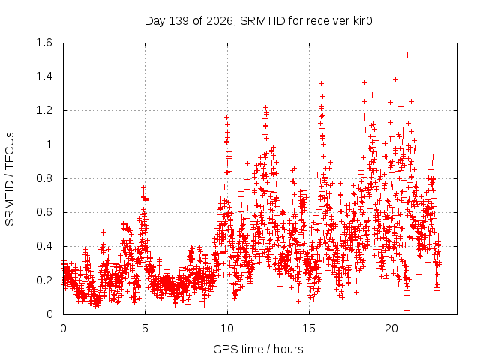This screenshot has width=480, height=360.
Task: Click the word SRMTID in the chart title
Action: click(x=262, y=21)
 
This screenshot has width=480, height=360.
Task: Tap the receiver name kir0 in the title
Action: click(x=363, y=21)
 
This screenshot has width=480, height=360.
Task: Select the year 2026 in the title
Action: click(x=220, y=22)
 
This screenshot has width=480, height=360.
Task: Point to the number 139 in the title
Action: click(x=178, y=21)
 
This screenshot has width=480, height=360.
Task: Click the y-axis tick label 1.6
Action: click(x=44, y=43)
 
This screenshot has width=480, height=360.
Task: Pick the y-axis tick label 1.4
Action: click(x=44, y=76)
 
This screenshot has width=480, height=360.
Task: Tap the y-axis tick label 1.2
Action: click(x=44, y=110)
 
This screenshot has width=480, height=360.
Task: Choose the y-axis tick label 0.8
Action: click(x=44, y=178)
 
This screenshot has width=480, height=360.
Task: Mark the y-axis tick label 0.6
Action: click(x=44, y=212)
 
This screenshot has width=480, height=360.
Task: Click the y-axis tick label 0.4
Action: click(x=44, y=246)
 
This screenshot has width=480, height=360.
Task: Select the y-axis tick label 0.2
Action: click(x=44, y=280)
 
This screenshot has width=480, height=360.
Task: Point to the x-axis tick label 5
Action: click(x=145, y=328)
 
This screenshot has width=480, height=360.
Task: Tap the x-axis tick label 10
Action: click(x=227, y=328)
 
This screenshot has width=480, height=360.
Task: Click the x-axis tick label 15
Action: click(x=309, y=328)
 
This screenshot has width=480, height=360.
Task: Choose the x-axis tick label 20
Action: click(x=391, y=328)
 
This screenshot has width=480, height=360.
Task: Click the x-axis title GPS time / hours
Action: click(x=258, y=349)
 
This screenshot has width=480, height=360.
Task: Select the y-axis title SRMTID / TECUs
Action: click(x=10, y=179)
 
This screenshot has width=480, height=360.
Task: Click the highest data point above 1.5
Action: click(x=407, y=55)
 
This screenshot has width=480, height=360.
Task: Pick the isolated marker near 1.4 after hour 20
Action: click(x=395, y=79)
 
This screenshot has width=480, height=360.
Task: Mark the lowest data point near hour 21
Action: click(x=406, y=310)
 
